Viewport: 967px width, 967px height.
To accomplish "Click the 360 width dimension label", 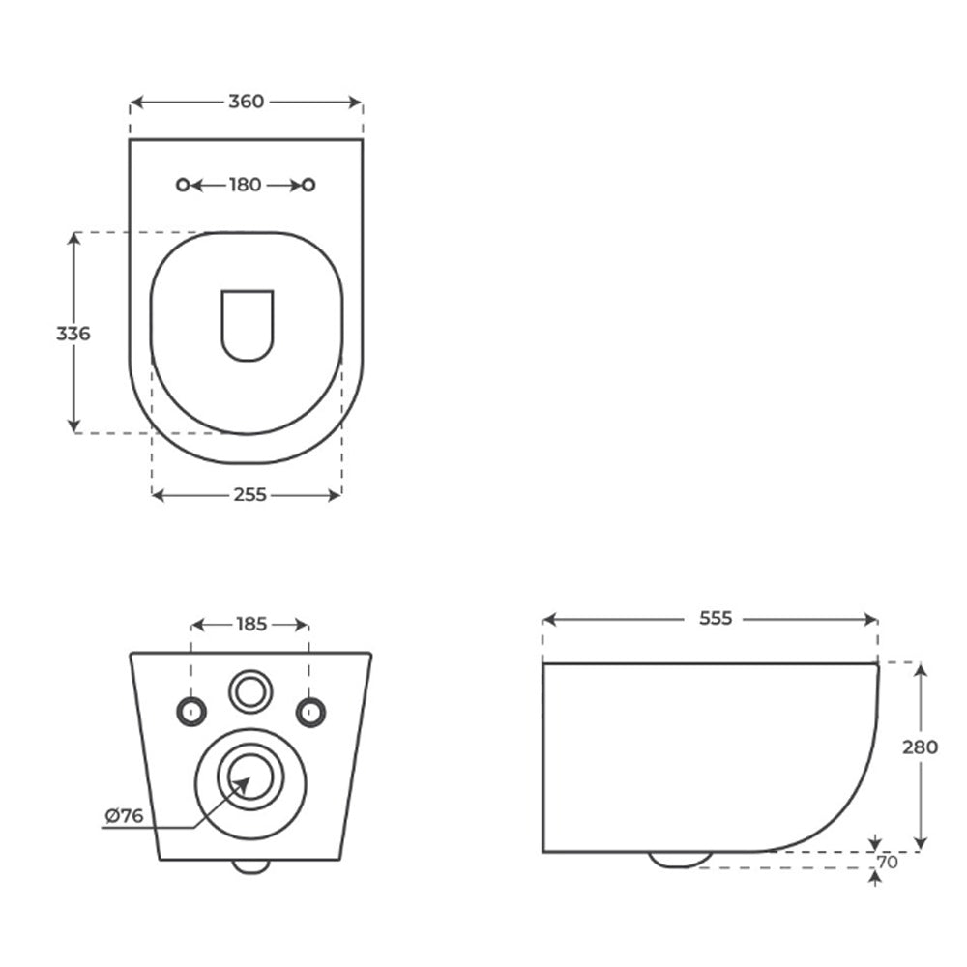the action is (x=246, y=102).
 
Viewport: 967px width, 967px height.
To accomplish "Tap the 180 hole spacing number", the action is (x=246, y=185).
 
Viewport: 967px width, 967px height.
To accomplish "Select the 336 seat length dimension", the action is (x=73, y=334).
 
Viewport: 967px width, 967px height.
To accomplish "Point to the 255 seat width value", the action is (x=249, y=494).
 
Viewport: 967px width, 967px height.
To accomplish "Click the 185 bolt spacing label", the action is (x=251, y=624).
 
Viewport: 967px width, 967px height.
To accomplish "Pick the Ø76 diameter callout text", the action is (x=124, y=816).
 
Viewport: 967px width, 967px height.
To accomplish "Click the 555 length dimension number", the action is (x=716, y=618).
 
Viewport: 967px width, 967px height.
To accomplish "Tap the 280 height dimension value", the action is (x=921, y=747).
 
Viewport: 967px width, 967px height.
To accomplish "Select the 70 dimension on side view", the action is (x=888, y=863).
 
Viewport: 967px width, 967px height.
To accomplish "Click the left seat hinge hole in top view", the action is (x=183, y=185).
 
